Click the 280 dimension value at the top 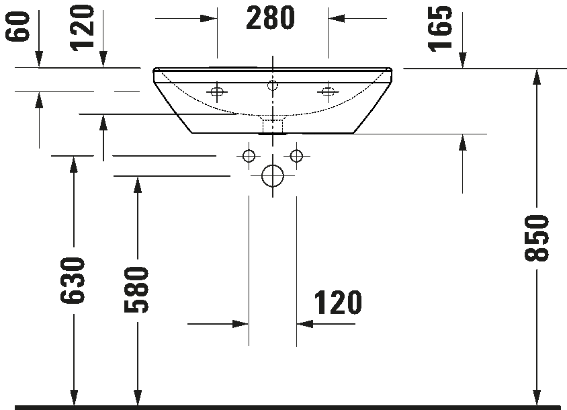coord(271,17)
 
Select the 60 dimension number coord(17,26)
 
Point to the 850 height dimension coord(537,237)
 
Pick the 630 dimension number coord(73,280)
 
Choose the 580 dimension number coord(136,290)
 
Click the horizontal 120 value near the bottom coord(338,302)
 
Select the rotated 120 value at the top coord(82,28)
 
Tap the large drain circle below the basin coord(273,176)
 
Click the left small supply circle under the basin coord(249,156)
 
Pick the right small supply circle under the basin coord(296,156)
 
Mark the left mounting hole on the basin coord(217,92)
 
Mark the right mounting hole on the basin coord(328,92)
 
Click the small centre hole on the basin coord(273,85)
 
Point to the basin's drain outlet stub coord(273,125)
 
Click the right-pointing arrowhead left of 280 coord(209,18)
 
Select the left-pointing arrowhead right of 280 coord(337,18)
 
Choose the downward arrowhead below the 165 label coord(462,60)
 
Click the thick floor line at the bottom coord(288,407)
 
